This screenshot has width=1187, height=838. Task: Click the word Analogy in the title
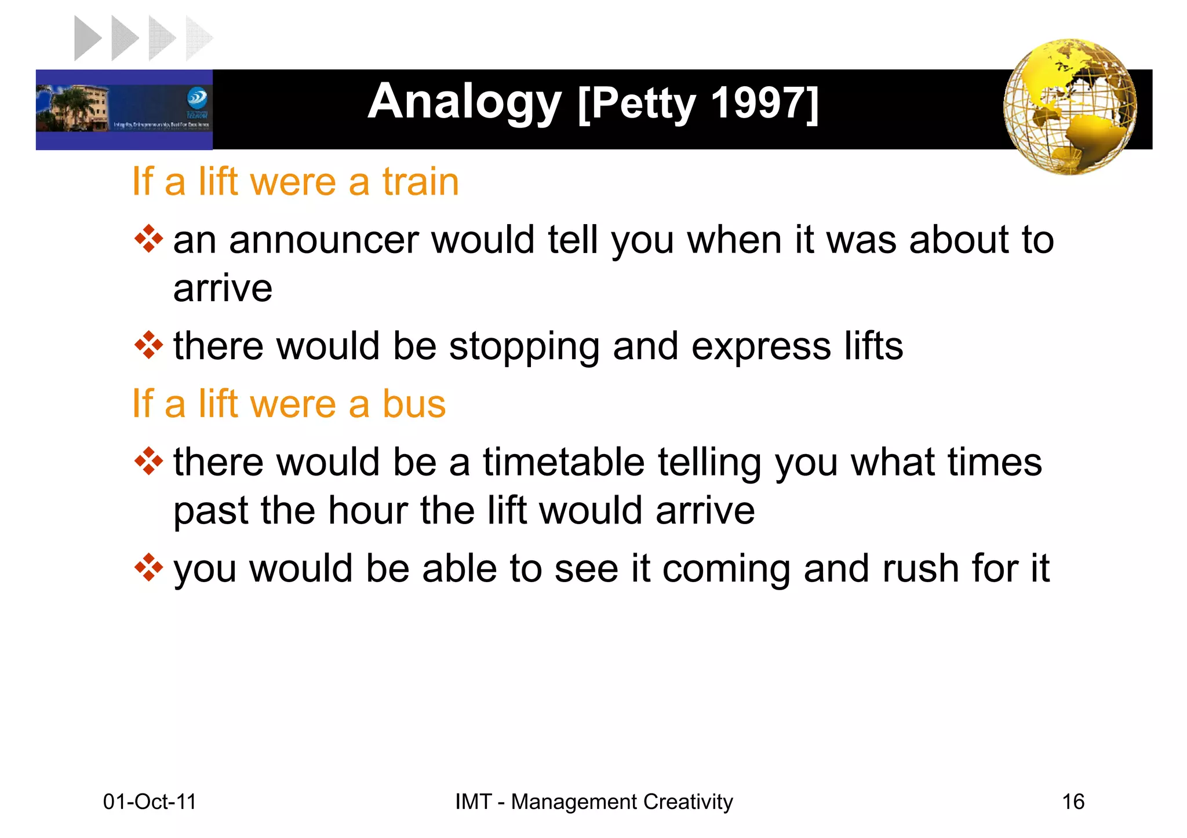(464, 103)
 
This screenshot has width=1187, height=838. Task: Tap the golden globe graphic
(1070, 107)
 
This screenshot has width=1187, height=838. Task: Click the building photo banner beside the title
(124, 109)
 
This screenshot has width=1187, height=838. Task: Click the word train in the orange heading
(420, 182)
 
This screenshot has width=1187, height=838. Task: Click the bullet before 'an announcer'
(148, 239)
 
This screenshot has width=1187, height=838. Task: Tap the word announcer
(324, 240)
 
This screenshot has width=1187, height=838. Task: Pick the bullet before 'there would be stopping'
(148, 345)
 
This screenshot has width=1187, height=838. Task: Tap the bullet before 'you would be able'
(148, 568)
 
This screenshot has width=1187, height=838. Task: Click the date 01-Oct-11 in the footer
(150, 802)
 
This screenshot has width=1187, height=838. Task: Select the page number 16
(1073, 802)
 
